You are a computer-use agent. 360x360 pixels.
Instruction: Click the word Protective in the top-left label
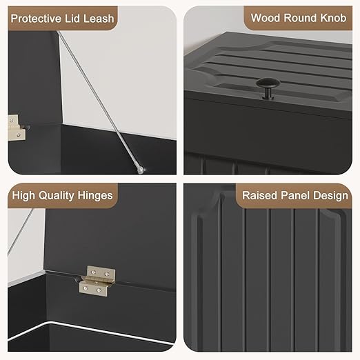pos(37,19)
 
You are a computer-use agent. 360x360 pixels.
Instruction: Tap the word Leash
pos(99,19)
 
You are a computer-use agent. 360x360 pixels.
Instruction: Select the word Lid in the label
pos(72,19)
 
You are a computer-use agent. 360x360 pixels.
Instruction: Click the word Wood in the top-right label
pos(266,18)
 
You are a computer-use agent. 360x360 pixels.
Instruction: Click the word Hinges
pos(95,196)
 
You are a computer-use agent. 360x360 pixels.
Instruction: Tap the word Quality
pos(57,196)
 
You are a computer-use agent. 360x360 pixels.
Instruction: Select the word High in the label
pos(23,196)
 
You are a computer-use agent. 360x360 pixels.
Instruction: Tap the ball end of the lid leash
pos(140,170)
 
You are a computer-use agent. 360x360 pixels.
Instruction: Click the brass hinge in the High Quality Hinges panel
pos(97,281)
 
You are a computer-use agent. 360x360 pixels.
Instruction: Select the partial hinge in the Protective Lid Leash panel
pos(17,128)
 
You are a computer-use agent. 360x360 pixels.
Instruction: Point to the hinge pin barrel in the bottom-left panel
pos(97,281)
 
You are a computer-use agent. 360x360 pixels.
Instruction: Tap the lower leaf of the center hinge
pos(94,289)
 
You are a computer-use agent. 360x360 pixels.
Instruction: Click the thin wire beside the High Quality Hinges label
pos(20,232)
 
